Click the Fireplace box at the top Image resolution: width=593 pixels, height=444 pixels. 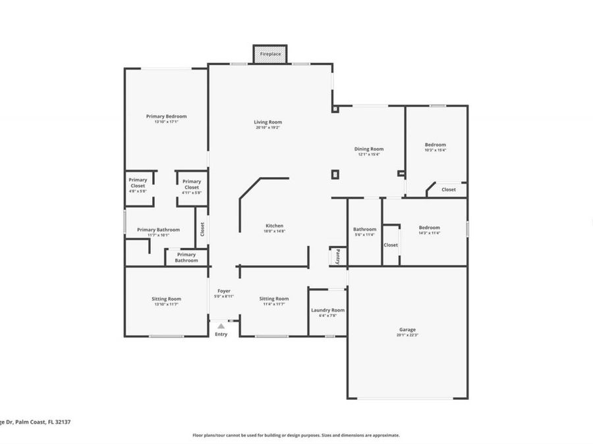click(270, 54)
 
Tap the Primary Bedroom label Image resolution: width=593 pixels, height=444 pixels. click(166, 116)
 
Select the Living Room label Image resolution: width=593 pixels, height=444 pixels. click(268, 122)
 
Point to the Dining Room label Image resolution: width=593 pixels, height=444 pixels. click(369, 149)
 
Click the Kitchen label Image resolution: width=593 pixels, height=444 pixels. click(274, 226)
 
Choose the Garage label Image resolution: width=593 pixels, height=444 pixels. click(407, 330)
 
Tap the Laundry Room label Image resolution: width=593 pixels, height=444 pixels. click(327, 310)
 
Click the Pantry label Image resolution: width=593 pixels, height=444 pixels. click(338, 256)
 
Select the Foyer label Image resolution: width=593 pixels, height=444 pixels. click(224, 290)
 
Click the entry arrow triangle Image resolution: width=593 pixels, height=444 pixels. click(221, 325)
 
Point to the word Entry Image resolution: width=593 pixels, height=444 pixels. click(221, 334)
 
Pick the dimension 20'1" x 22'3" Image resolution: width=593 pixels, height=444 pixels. click(407, 335)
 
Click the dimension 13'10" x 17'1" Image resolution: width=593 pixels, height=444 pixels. click(166, 122)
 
